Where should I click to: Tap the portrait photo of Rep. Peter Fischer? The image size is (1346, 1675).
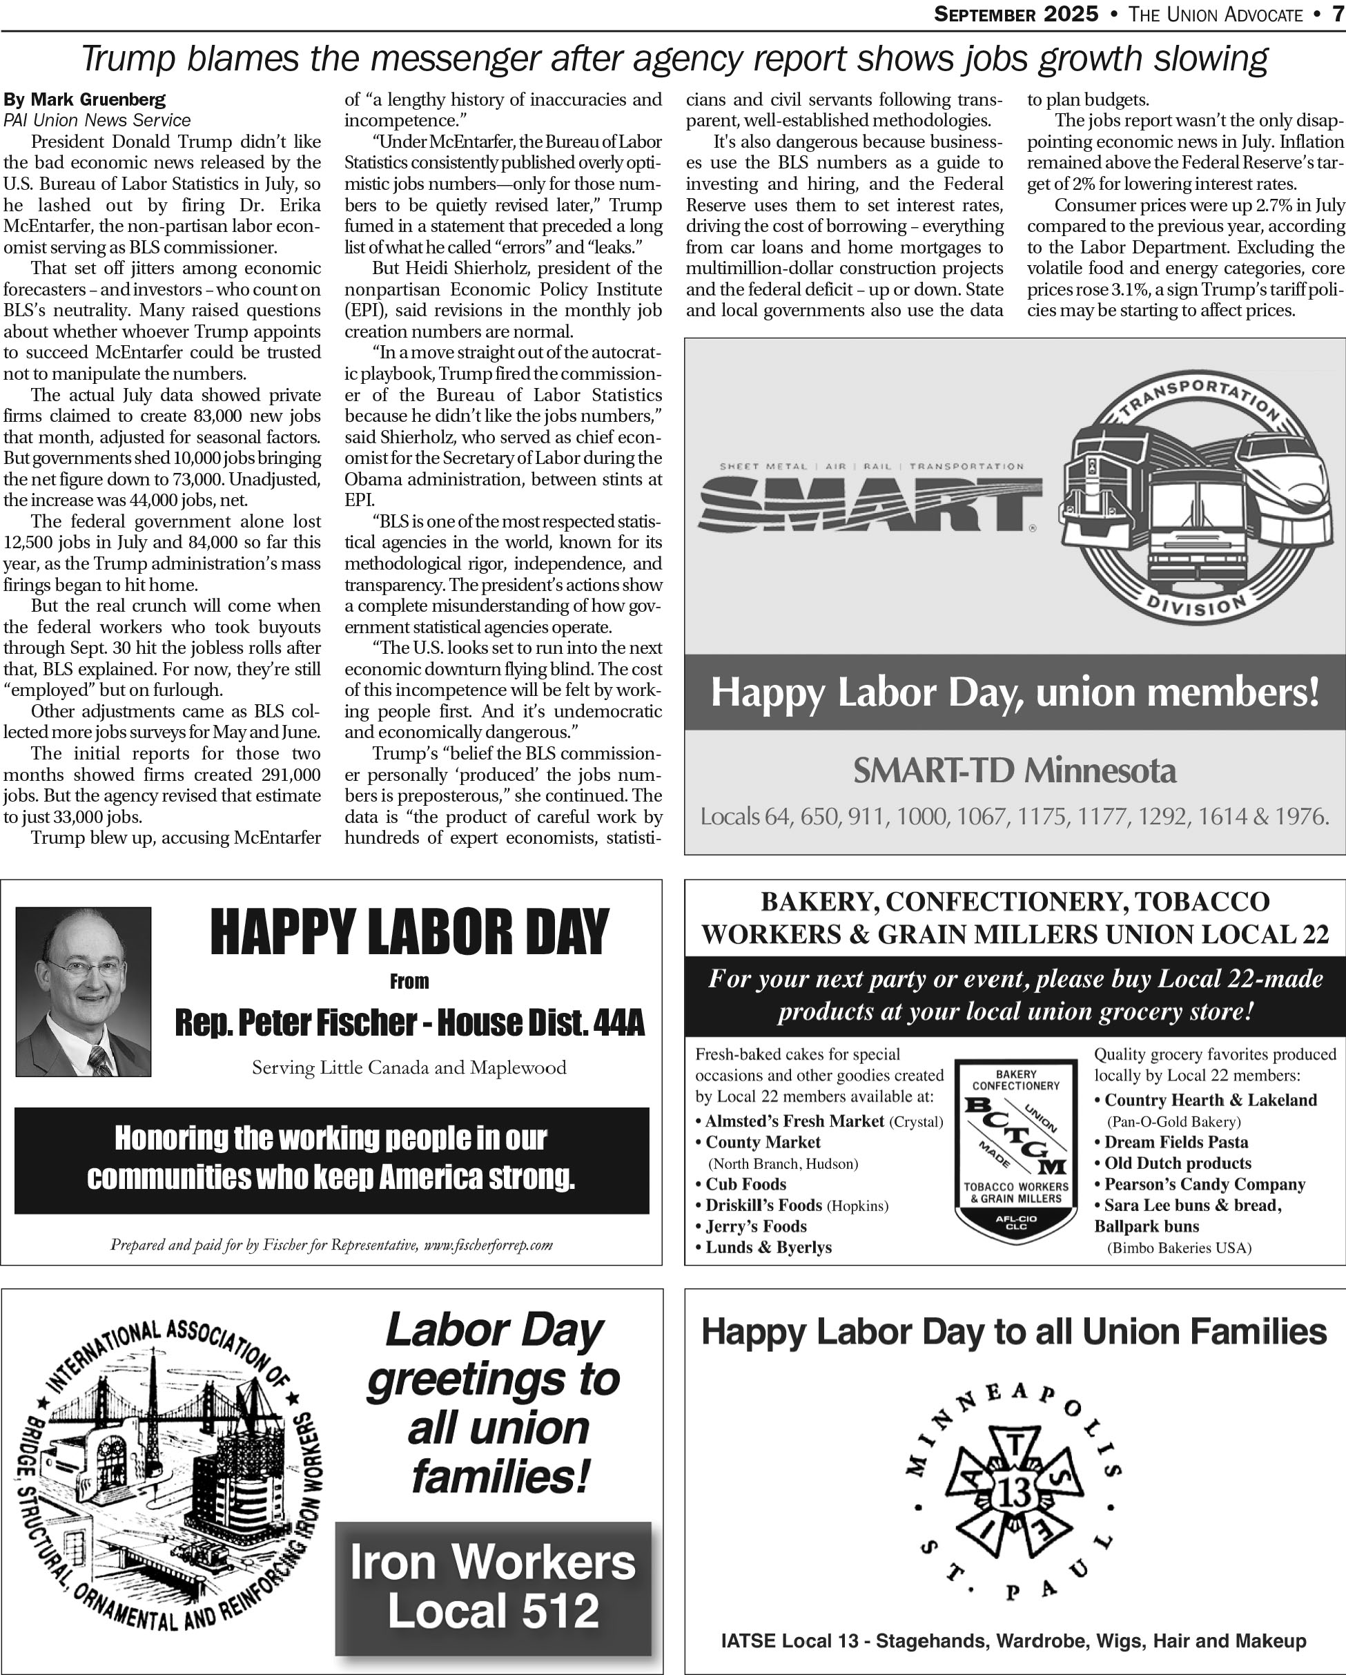coord(83,991)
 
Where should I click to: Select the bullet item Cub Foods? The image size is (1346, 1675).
coord(745,1184)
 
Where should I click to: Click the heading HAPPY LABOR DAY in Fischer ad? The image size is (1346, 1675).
coord(409,932)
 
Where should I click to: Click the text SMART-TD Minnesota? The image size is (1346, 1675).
coord(1015,771)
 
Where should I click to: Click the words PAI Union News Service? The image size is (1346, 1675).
coord(97,120)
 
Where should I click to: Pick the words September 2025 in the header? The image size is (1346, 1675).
coord(1016,14)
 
